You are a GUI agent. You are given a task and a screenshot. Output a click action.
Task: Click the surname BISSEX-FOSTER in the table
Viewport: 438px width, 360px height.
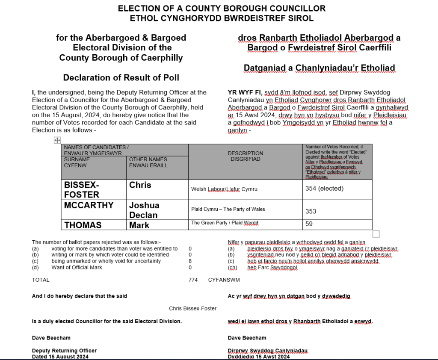[81, 189]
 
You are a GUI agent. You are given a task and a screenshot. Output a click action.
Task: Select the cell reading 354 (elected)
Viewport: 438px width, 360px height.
[324, 189]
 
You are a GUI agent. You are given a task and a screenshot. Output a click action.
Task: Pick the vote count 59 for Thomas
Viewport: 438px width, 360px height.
[309, 224]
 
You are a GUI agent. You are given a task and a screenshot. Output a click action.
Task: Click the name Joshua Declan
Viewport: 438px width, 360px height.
[144, 210]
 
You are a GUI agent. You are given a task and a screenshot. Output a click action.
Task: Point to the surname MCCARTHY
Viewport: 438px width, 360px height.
[89, 205]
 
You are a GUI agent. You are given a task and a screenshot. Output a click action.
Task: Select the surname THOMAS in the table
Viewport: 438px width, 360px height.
[83, 225]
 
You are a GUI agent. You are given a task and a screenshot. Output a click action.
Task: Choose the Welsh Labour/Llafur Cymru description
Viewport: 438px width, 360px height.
[224, 189]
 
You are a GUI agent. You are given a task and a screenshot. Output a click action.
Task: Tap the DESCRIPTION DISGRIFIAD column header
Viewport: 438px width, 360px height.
[246, 156]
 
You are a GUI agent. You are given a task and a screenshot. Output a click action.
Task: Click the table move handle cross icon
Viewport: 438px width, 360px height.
[57, 140]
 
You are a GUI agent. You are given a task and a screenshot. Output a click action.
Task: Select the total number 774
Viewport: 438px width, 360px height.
[193, 280]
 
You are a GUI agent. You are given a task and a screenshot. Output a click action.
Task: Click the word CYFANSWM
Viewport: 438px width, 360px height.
[224, 280]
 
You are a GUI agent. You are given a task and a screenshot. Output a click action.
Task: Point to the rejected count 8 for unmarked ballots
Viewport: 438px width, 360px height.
[190, 261]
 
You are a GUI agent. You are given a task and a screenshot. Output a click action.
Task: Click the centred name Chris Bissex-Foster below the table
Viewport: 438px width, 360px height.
[192, 308]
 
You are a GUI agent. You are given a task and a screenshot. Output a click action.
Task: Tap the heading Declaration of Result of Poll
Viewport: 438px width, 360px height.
[121, 77]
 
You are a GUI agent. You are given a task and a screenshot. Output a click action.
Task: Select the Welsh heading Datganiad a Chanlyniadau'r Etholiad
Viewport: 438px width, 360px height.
[319, 68]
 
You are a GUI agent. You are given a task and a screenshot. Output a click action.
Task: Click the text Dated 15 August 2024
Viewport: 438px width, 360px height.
[60, 357]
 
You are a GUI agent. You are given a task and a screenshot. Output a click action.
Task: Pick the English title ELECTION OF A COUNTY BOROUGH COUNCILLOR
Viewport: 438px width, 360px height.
[222, 9]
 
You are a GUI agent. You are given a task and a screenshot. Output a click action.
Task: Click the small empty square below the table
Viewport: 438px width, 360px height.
[376, 234]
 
